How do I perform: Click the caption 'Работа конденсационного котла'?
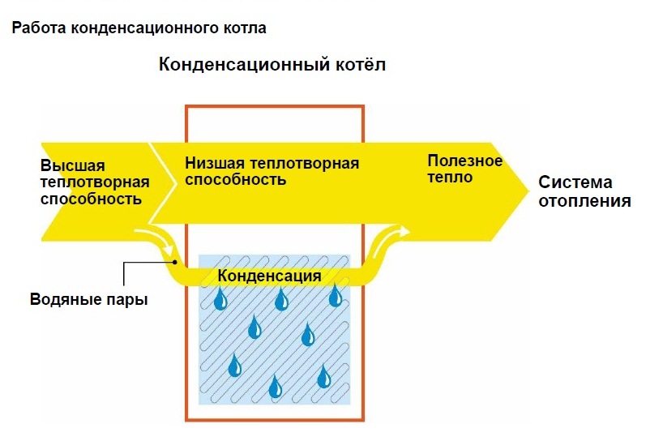(x=139, y=28)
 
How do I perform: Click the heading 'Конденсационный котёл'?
(x=272, y=65)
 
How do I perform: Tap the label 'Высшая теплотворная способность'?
(x=95, y=182)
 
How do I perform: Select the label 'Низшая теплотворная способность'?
(x=272, y=172)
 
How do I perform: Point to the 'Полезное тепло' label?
(x=464, y=169)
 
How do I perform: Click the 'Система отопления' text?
(x=584, y=191)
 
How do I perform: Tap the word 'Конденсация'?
(x=269, y=276)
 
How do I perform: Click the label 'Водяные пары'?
(x=89, y=299)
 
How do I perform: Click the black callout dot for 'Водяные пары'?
(x=175, y=262)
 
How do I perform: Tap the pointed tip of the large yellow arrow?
(x=528, y=191)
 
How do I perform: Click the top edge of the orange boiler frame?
(x=275, y=107)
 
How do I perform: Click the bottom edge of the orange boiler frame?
(x=275, y=420)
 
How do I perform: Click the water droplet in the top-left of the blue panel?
(x=220, y=299)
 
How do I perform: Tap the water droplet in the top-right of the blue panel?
(x=336, y=295)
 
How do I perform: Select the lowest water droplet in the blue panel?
(x=276, y=386)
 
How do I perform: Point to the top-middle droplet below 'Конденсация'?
(x=281, y=299)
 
